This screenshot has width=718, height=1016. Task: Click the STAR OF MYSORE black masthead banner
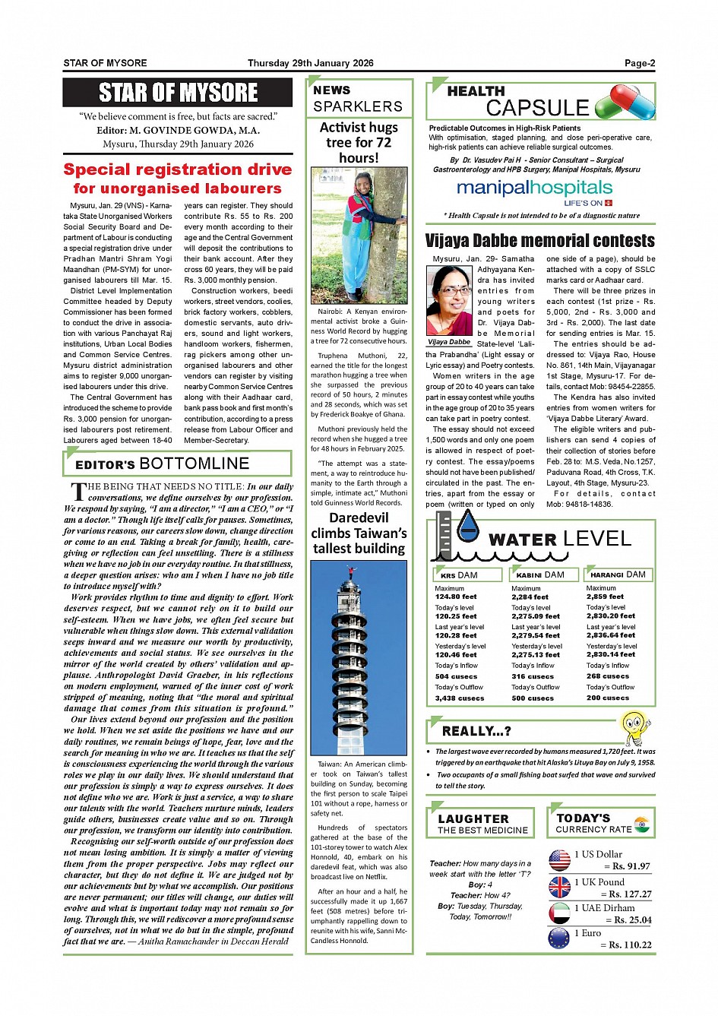point(177,93)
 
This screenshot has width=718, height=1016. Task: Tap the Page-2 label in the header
point(640,64)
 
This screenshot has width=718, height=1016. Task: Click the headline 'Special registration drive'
point(177,169)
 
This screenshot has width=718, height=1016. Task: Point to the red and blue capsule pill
point(625,102)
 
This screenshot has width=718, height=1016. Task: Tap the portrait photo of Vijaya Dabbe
point(449,300)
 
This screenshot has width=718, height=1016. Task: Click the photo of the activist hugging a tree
point(359,235)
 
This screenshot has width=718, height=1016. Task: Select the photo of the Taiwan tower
point(359,658)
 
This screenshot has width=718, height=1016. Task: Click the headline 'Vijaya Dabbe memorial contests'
point(539,241)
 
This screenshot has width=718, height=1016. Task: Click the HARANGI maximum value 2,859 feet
point(605,597)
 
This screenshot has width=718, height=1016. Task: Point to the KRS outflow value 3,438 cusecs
point(459,698)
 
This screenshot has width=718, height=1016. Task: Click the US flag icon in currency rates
point(559,859)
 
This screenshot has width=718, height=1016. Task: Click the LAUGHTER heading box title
point(473,818)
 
